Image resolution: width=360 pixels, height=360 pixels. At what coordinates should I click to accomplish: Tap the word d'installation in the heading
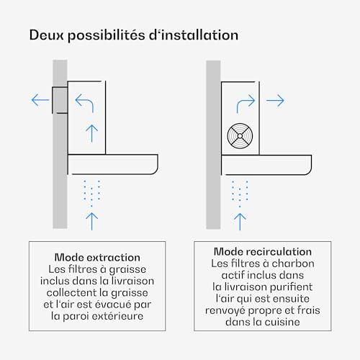pyautogui.click(x=194, y=35)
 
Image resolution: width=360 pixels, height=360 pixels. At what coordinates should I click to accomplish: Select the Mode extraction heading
pyautogui.click(x=97, y=258)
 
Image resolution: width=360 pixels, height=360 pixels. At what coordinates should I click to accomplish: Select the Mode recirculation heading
pyautogui.click(x=263, y=252)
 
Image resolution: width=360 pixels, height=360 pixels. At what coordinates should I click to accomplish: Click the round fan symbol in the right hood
pyautogui.click(x=240, y=136)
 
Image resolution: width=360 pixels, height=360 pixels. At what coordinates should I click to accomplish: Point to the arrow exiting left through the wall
pyautogui.click(x=40, y=100)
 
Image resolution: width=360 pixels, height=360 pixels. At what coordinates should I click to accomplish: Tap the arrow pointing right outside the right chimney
pyautogui.click(x=275, y=101)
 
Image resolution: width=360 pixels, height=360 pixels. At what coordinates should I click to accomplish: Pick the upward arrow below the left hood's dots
pyautogui.click(x=91, y=221)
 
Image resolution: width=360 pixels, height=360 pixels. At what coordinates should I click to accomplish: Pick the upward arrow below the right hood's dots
pyautogui.click(x=240, y=222)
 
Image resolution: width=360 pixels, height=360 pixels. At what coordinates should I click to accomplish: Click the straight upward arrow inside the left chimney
pyautogui.click(x=91, y=133)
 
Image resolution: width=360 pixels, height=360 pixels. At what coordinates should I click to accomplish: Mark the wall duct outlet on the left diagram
pyautogui.click(x=60, y=100)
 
